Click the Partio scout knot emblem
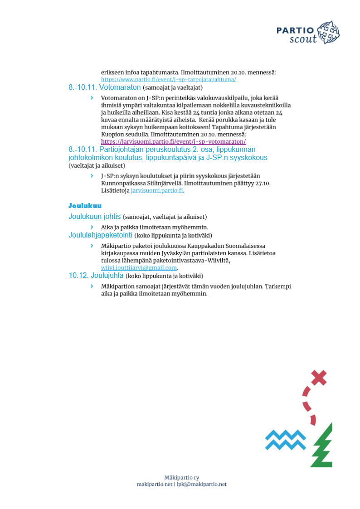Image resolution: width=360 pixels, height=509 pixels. [x=329, y=33]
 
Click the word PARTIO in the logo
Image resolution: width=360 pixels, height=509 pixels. [x=295, y=30]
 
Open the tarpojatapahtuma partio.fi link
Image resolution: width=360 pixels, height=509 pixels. [x=168, y=79]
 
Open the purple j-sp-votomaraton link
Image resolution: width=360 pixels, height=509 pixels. [x=173, y=141]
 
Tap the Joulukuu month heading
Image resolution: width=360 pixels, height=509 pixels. [x=85, y=206]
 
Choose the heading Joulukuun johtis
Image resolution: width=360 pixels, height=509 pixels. [x=95, y=217]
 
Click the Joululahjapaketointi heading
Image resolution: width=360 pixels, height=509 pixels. [x=100, y=235]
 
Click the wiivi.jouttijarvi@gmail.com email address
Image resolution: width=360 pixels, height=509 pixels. [x=139, y=267]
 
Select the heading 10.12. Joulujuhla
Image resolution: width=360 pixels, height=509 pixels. [x=96, y=276]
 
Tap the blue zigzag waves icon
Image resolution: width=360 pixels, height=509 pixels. [x=285, y=439]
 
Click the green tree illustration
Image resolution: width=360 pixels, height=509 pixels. [x=323, y=446]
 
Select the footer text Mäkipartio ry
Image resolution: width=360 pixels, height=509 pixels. [x=181, y=477]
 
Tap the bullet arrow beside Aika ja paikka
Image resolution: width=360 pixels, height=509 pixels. [x=92, y=227]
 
